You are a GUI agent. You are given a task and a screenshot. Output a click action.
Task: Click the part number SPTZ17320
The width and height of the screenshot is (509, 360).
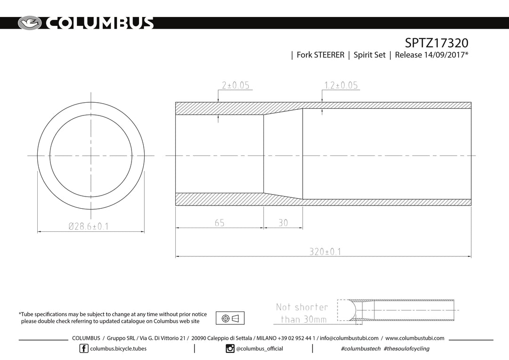[x=436, y=43]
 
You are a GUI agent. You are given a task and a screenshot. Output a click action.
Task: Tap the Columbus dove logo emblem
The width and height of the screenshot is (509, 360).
[x=30, y=23]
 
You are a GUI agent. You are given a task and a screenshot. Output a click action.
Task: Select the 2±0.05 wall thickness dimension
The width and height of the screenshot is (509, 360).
[x=236, y=85]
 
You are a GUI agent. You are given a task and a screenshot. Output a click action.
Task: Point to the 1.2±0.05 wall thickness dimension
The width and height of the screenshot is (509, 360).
[x=341, y=85]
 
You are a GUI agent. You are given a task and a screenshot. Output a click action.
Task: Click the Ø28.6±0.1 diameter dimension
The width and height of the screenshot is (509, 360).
[x=89, y=226]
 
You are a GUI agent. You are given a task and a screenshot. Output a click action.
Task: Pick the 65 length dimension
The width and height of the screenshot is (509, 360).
[x=220, y=223]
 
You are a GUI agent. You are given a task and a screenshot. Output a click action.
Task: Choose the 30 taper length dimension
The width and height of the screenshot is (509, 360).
[x=283, y=223]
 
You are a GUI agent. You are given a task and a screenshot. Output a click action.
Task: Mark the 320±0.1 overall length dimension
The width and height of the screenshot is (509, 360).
[x=325, y=252]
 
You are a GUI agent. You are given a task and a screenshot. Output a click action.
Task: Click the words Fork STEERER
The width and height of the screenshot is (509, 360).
[x=320, y=55]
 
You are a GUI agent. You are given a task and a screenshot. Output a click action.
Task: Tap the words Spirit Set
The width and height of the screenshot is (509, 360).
[x=369, y=55]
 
